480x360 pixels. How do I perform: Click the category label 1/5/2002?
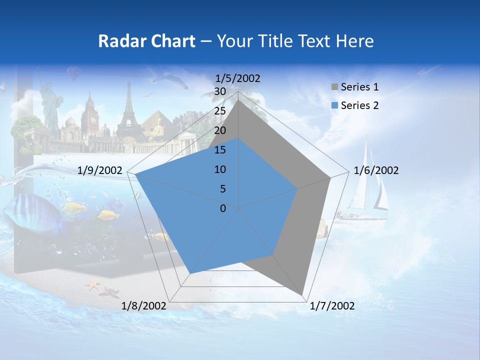[x=238, y=78]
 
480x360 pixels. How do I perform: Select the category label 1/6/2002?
[x=376, y=170]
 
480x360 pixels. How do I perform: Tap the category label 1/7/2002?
[x=332, y=306]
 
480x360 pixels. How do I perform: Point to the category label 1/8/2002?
[x=144, y=306]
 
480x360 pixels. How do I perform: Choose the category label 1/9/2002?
[x=100, y=170]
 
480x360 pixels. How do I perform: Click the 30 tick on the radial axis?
[x=220, y=92]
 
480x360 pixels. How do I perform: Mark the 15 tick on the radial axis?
[x=220, y=150]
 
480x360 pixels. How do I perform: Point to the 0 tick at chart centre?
[x=223, y=208]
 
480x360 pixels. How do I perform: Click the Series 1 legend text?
[x=359, y=87]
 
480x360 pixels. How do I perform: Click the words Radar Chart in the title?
[x=146, y=41]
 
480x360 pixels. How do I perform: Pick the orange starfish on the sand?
[x=92, y=285]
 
